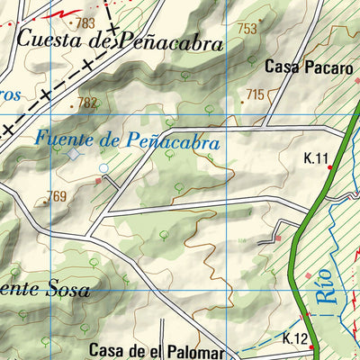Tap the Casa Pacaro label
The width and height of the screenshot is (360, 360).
(305, 67)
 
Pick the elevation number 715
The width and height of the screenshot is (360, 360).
(255, 94)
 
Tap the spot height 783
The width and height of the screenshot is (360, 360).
(86, 22)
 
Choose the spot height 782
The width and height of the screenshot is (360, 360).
(86, 103)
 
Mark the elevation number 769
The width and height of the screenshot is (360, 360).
(58, 197)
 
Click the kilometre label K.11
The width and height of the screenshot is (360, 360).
(315, 159)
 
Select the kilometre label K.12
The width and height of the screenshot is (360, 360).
(295, 338)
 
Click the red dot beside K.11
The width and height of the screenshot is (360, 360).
(330, 166)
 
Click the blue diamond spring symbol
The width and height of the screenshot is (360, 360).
(72, 155)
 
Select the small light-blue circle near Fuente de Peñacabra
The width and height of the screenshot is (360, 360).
(103, 168)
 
